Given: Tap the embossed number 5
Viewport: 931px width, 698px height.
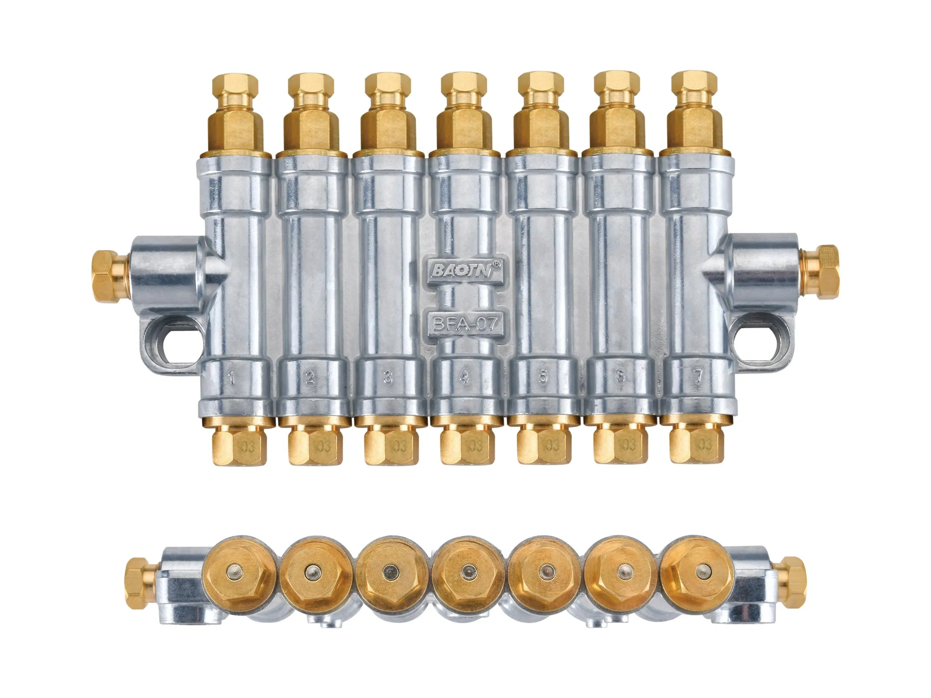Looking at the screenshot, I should [x=543, y=377].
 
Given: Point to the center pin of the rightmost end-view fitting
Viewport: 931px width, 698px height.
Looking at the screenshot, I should [x=701, y=570].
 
